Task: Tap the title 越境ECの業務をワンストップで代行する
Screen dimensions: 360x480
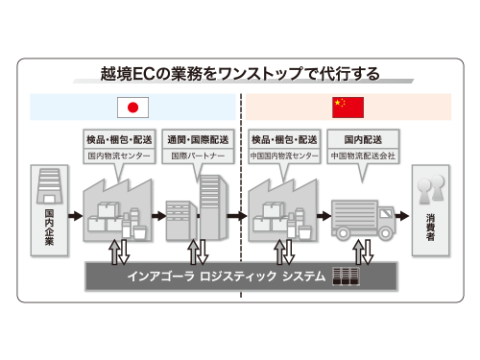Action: tap(240, 73)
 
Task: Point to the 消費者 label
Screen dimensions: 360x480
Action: tap(429, 228)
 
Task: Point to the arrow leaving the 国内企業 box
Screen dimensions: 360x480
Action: tap(74, 216)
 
